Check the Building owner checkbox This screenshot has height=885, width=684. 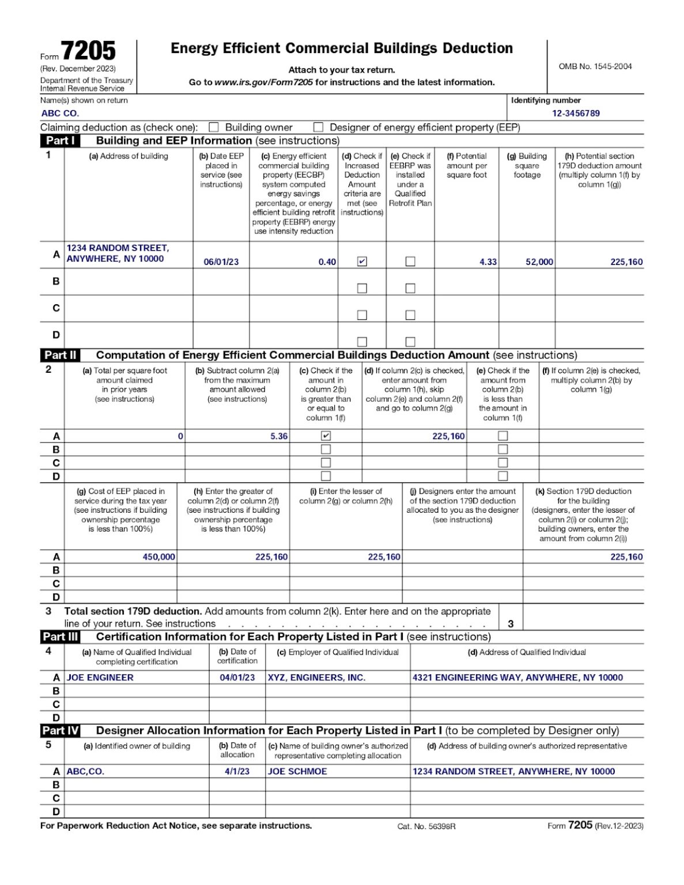click(x=214, y=127)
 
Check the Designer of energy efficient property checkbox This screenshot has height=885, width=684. click(x=318, y=127)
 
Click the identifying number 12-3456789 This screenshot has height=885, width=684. click(x=576, y=113)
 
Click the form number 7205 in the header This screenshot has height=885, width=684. click(x=88, y=51)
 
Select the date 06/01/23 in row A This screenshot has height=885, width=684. click(x=221, y=262)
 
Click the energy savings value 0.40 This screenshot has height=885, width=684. click(x=327, y=262)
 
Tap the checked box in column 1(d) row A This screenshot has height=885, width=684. click(x=362, y=262)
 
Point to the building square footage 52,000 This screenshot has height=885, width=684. click(x=539, y=262)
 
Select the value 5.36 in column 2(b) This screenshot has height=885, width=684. click(x=279, y=436)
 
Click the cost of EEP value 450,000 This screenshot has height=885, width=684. click(x=159, y=557)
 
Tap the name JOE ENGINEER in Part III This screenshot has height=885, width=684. click(x=100, y=678)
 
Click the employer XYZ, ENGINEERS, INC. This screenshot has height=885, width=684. click(x=316, y=678)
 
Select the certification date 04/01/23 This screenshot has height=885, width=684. click(x=237, y=678)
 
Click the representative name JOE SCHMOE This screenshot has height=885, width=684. click(x=297, y=771)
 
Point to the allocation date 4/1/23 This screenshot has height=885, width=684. click(x=237, y=771)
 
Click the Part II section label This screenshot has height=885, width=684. click(x=61, y=355)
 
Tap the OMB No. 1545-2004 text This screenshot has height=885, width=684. click(x=595, y=66)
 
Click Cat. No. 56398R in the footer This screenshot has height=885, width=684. click(x=426, y=826)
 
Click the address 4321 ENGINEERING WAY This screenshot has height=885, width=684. click(x=517, y=678)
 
